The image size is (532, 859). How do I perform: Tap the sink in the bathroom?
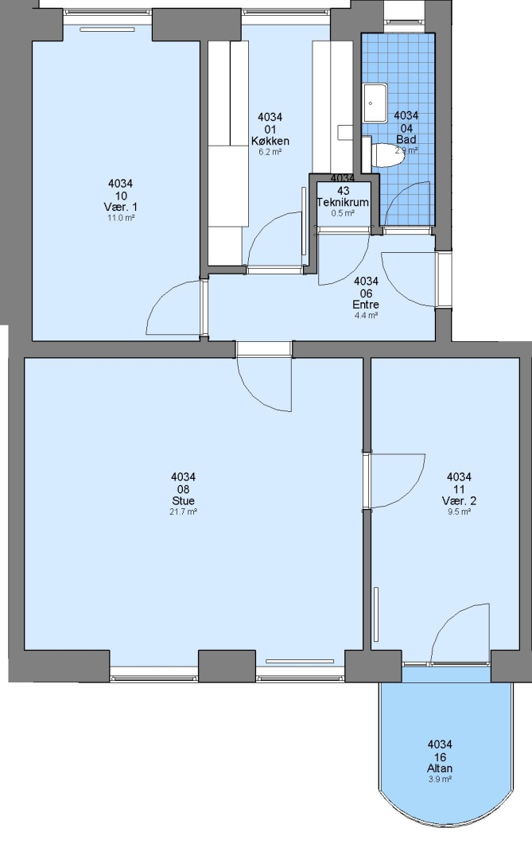pos(375,103)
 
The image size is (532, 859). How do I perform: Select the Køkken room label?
pos(270,141)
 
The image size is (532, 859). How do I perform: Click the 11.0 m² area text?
pos(121,217)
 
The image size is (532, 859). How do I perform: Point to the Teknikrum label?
pos(343,202)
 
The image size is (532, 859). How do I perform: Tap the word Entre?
pos(366,305)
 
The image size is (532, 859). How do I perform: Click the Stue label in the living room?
pos(183,501)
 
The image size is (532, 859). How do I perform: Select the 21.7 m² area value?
pos(183,511)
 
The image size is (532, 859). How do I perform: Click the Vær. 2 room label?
pos(459,501)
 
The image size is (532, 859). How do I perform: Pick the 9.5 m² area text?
pos(459,511)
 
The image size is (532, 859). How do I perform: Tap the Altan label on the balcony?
pos(440,768)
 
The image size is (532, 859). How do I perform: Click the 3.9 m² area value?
pos(440,779)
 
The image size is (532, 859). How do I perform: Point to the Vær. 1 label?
pos(121,207)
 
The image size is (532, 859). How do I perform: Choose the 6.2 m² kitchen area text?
pos(270,152)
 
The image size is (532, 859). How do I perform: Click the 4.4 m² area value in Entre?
pos(366,316)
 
